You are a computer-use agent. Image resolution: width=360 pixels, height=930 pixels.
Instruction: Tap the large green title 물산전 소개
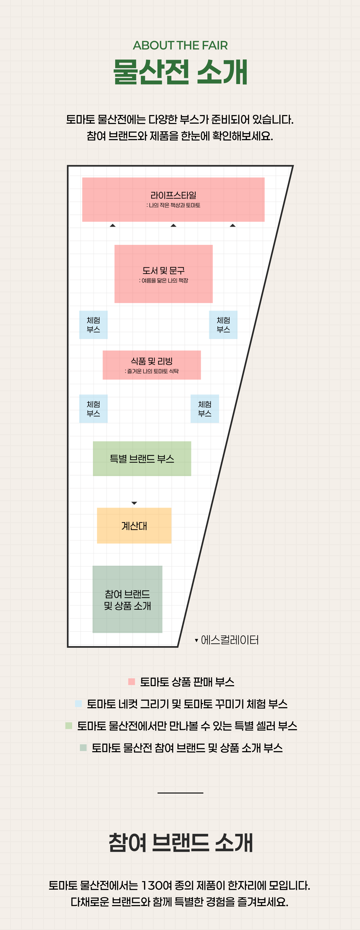click(180, 72)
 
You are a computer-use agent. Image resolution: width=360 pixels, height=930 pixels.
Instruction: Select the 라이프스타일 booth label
click(173, 195)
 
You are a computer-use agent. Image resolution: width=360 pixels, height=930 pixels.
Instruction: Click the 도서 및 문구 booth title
click(163, 270)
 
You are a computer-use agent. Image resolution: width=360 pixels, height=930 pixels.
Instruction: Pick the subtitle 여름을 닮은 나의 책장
click(164, 281)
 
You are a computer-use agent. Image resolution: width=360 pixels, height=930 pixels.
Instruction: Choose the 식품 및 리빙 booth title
click(152, 361)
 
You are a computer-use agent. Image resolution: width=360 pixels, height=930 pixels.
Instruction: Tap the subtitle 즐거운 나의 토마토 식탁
click(152, 371)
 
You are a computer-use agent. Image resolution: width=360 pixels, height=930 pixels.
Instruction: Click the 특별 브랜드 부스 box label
click(142, 459)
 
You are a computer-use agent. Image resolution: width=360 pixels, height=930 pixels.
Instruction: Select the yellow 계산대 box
click(134, 526)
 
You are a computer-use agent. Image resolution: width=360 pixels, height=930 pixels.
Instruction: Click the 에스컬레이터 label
click(230, 640)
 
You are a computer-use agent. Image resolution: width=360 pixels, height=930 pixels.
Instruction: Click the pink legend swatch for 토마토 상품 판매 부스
click(131, 682)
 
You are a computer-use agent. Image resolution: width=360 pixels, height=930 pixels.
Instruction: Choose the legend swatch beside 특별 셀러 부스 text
click(69, 726)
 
